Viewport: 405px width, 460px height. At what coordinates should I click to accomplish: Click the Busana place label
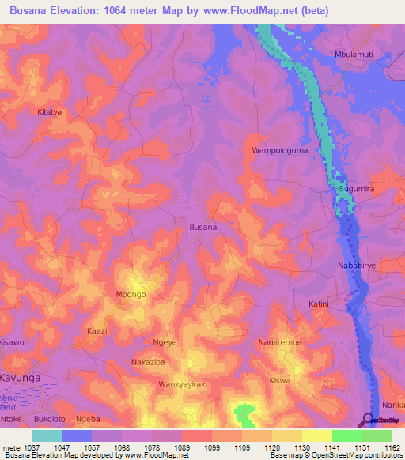click(203, 227)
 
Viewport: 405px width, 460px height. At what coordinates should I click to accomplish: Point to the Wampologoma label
click(279, 150)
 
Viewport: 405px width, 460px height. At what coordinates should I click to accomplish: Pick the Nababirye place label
click(358, 266)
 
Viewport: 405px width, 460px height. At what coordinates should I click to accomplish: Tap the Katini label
click(318, 304)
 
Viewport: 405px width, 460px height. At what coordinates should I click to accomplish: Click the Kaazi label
click(97, 330)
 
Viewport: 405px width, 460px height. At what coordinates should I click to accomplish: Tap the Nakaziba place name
click(147, 362)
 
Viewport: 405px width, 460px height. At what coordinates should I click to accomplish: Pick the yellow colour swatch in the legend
click(316, 435)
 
